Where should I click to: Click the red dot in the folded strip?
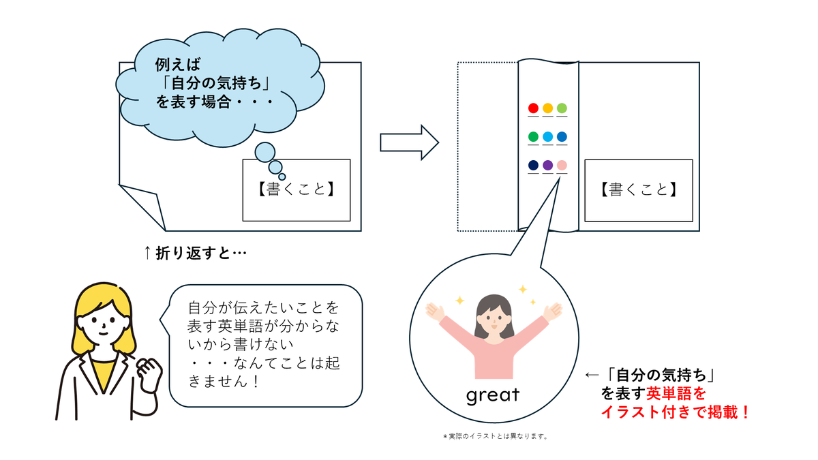(533, 108)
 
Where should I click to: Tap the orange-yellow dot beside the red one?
(548, 108)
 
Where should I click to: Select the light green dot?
(562, 108)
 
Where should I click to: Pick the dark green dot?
(533, 136)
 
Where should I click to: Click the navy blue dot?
(533, 165)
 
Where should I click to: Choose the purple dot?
(548, 165)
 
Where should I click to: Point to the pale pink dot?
(562, 165)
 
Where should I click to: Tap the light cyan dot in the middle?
(548, 136)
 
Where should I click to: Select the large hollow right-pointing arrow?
(410, 142)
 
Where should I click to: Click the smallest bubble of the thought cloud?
(282, 177)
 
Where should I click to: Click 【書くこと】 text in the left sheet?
(296, 189)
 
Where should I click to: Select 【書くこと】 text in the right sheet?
(639, 189)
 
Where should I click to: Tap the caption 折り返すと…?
(196, 253)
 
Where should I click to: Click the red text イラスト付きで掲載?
(676, 412)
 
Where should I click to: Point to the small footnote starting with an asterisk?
(495, 436)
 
